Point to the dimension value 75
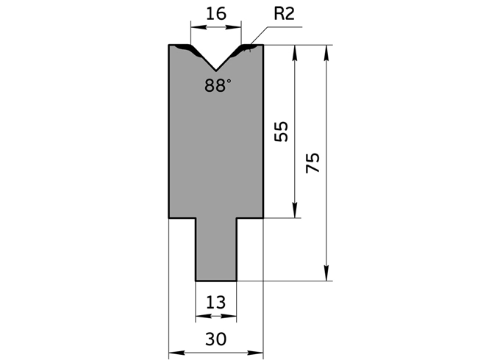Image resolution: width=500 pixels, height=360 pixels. click(312, 162)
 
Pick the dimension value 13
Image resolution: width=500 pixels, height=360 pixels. click(216, 302)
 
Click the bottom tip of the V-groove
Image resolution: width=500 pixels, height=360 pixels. click(216, 71)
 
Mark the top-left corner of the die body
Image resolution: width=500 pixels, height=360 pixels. click(170, 46)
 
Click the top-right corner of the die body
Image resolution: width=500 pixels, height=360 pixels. click(262, 46)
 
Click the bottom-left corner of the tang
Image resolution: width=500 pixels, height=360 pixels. click(196, 280)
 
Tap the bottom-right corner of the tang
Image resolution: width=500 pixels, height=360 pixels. click(237, 280)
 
